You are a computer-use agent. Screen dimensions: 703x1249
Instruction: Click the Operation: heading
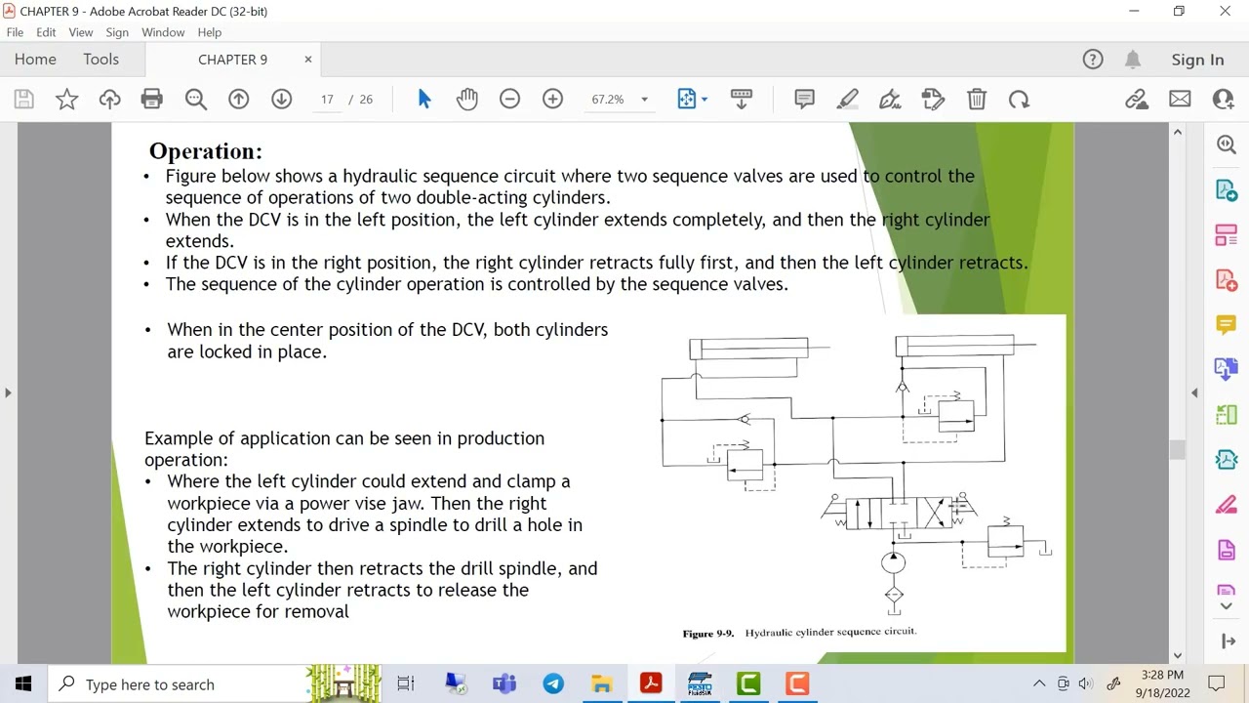(x=205, y=151)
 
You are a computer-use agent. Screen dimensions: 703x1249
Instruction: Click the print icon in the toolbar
(x=151, y=99)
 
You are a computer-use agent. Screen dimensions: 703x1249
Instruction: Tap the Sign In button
(x=1197, y=60)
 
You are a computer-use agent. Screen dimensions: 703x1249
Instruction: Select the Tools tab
(x=101, y=60)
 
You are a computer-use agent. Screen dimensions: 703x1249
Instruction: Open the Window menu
(x=163, y=32)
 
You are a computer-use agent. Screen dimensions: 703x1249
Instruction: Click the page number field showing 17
(x=327, y=99)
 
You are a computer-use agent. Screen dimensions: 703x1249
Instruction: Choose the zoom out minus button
(x=509, y=99)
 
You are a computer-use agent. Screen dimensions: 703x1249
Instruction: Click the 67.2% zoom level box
(x=608, y=99)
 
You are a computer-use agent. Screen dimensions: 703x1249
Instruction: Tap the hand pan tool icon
(x=466, y=99)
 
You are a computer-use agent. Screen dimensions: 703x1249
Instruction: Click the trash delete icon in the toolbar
(x=977, y=99)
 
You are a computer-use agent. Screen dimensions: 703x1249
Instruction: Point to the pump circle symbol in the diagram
(x=893, y=562)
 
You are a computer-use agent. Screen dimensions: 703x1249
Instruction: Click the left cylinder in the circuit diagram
(x=748, y=348)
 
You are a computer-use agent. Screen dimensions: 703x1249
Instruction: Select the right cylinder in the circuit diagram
(x=954, y=345)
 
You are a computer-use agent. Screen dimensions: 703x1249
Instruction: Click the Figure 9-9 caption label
(x=707, y=634)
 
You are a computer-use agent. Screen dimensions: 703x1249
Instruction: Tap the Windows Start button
(x=23, y=683)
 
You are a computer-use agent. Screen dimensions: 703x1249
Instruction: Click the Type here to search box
(x=176, y=683)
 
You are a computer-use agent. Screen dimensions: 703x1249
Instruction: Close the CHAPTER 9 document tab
(x=308, y=60)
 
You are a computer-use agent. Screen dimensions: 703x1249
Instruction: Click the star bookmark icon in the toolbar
(x=66, y=99)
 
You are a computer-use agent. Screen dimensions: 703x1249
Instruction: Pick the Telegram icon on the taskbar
(x=553, y=683)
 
